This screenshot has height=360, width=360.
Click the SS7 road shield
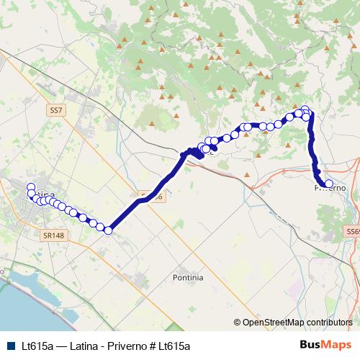(x=58, y=111)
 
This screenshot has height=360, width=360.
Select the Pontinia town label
(x=189, y=277)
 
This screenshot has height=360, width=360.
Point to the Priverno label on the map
(x=330, y=189)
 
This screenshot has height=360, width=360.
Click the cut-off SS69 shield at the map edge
(x=353, y=231)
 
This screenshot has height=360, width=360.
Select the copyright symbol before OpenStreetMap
(x=238, y=323)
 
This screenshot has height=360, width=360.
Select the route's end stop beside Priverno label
(x=329, y=184)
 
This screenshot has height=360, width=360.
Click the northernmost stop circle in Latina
(x=31, y=188)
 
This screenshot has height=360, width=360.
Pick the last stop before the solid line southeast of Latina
(x=109, y=230)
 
